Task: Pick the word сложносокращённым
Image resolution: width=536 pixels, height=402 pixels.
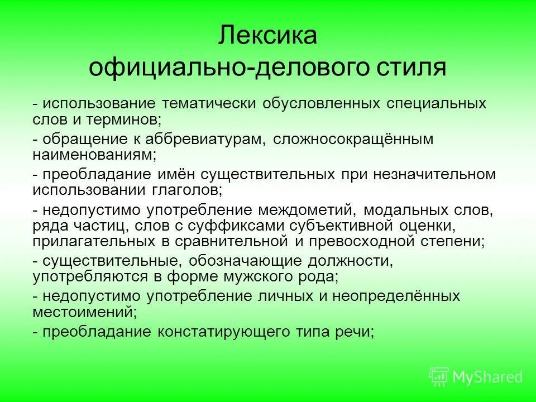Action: [x=353, y=139]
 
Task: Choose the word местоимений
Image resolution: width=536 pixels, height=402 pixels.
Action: [x=83, y=310]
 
